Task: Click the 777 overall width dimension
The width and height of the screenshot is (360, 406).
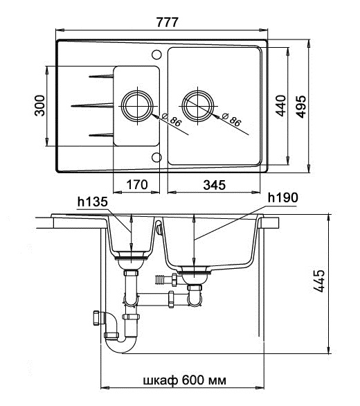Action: pyautogui.click(x=167, y=22)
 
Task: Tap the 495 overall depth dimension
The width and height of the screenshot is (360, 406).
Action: pyautogui.click(x=300, y=107)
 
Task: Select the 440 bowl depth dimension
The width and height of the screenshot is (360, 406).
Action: pyautogui.click(x=281, y=106)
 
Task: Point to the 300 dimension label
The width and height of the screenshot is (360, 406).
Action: pyautogui.click(x=39, y=105)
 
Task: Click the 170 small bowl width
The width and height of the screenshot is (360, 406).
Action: pyautogui.click(x=137, y=184)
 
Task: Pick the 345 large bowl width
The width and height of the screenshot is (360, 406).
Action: pyautogui.click(x=215, y=185)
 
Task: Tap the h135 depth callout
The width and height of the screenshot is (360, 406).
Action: pyautogui.click(x=92, y=202)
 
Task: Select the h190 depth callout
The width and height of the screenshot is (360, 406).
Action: pyautogui.click(x=283, y=198)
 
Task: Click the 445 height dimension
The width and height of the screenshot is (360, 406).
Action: pyautogui.click(x=318, y=281)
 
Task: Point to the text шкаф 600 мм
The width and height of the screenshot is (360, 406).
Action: pyautogui.click(x=185, y=380)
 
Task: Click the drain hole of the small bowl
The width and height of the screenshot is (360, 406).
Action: pyautogui.click(x=137, y=106)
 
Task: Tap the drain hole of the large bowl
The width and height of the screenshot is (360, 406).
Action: pyautogui.click(x=198, y=106)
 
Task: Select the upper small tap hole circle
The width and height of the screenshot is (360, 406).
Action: pyautogui.click(x=156, y=54)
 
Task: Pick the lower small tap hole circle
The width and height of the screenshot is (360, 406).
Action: pyautogui.click(x=156, y=157)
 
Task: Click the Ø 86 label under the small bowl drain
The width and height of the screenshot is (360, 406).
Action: pyautogui.click(x=172, y=121)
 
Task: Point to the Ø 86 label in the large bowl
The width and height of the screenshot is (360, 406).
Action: pyautogui.click(x=232, y=121)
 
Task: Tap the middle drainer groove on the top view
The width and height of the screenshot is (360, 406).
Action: pyautogui.click(x=92, y=105)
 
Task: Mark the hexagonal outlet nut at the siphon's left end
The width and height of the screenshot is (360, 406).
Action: pyautogui.click(x=96, y=318)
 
